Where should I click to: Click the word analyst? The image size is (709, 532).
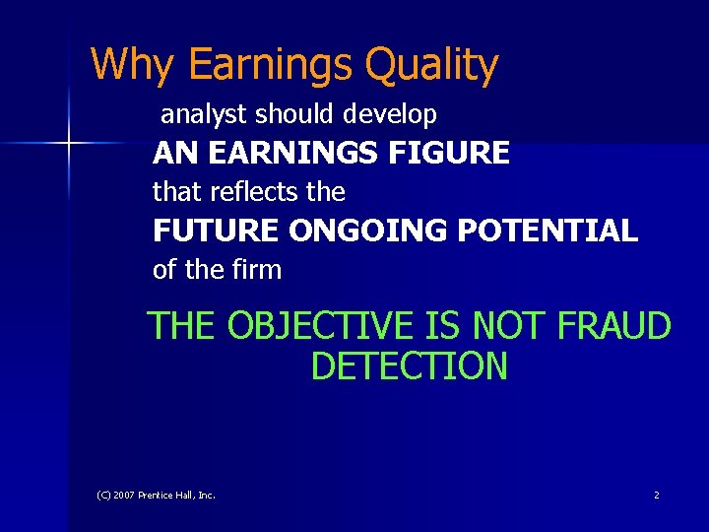[x=204, y=115]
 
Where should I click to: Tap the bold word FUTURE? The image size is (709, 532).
[x=217, y=231]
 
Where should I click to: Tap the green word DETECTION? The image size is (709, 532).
[x=409, y=366]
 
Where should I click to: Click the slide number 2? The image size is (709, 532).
[x=657, y=495]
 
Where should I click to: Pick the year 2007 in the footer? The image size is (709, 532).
[x=123, y=495]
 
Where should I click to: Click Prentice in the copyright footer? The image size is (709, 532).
[x=157, y=495]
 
